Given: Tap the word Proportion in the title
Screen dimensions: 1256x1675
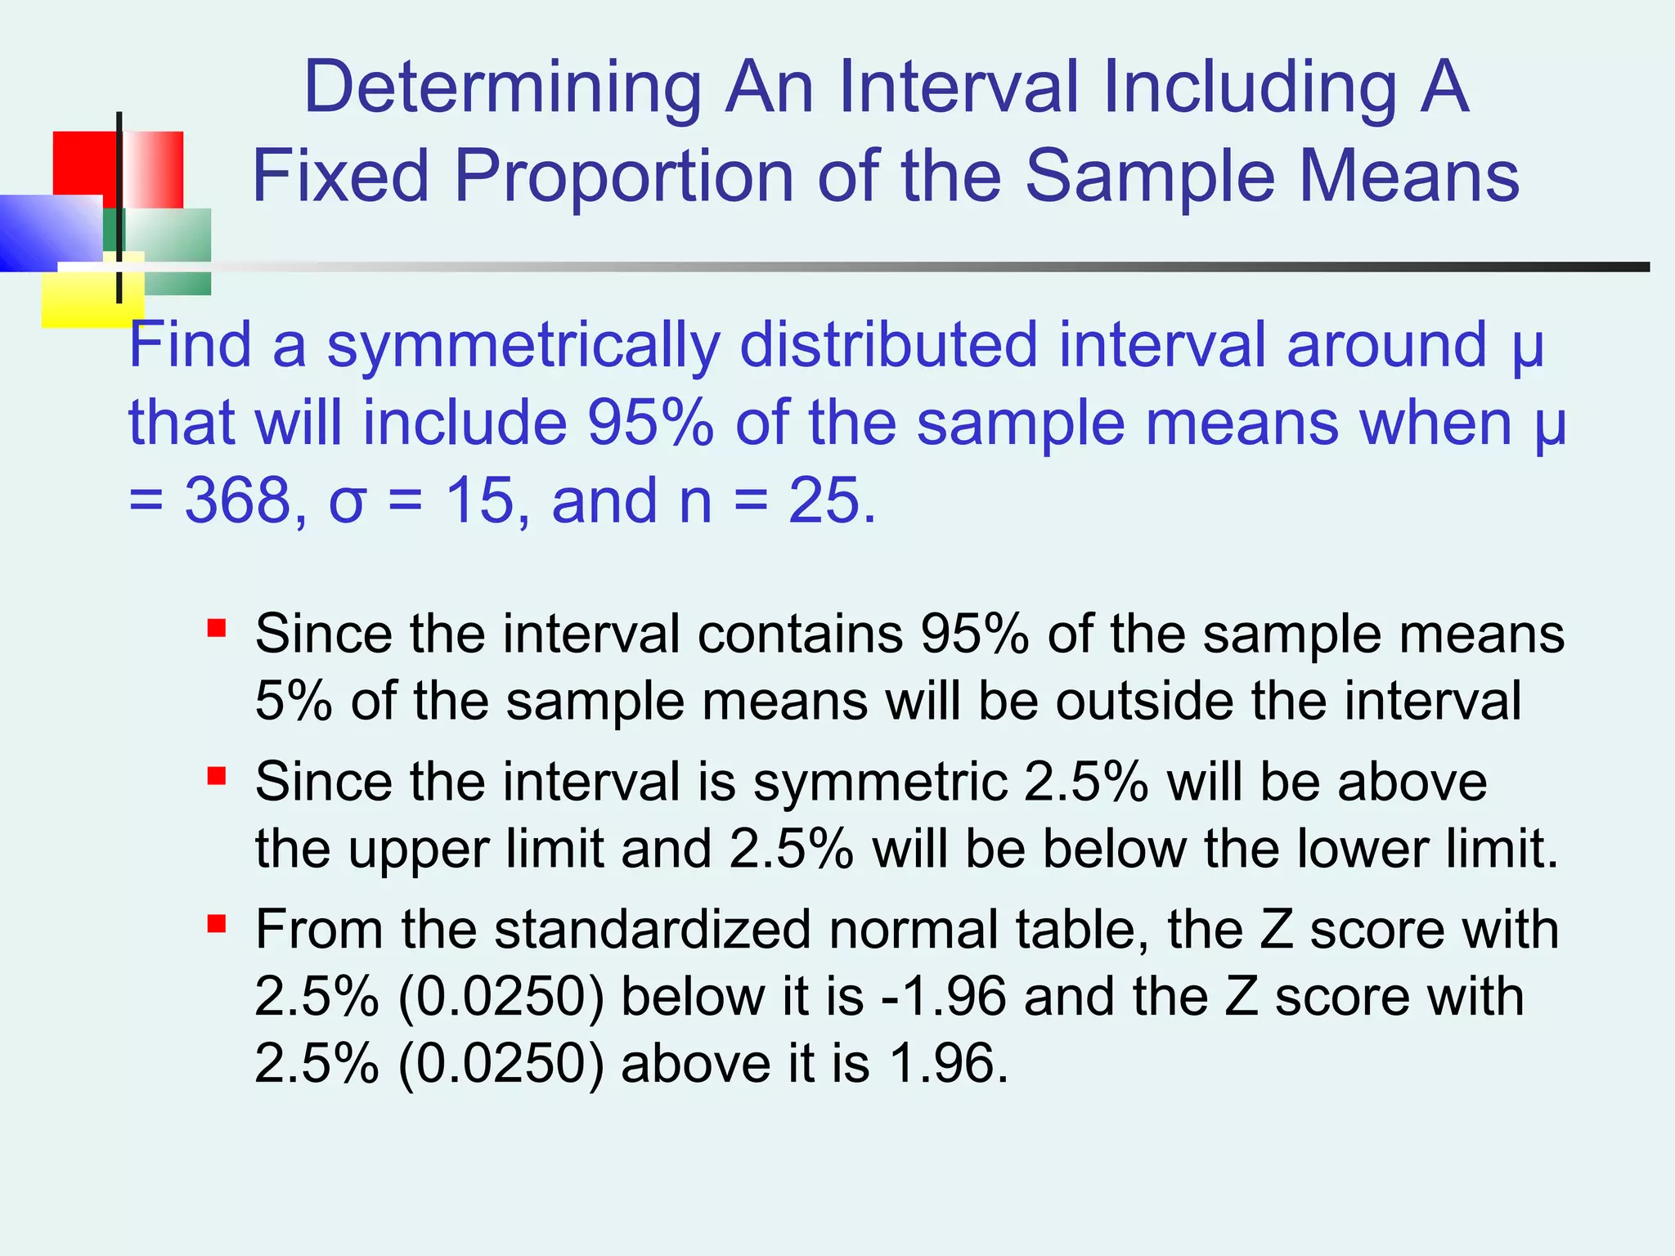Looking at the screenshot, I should (x=623, y=177).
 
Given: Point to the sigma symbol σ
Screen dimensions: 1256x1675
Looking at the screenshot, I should (x=346, y=502).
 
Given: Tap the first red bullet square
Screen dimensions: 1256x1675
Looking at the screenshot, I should (x=217, y=628).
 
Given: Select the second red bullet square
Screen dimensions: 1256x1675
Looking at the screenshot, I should (x=217, y=776).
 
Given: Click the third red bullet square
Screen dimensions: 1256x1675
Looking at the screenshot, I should (x=217, y=924).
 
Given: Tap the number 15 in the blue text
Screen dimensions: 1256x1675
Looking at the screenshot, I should (x=479, y=500).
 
